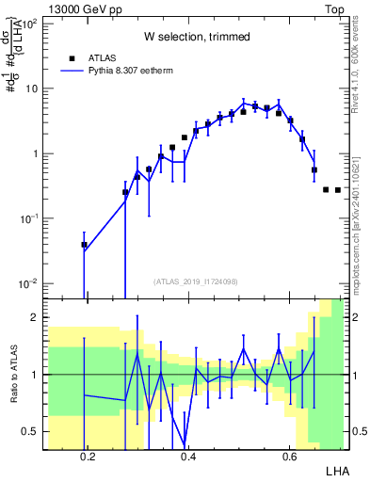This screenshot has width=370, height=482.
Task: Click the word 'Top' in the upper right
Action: tap(336, 8)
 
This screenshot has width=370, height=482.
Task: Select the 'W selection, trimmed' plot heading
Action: tap(196, 37)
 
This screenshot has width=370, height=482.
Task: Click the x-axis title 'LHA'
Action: tap(337, 469)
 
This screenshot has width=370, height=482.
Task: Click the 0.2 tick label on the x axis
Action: tap(88, 458)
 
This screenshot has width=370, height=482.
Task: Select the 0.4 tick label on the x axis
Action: tap(188, 458)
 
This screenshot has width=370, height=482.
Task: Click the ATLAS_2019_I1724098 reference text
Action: tap(196, 281)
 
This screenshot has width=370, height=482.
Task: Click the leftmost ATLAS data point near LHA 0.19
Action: tap(84, 245)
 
